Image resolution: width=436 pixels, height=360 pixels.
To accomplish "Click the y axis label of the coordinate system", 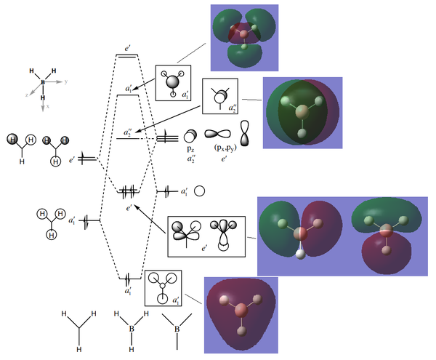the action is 66,81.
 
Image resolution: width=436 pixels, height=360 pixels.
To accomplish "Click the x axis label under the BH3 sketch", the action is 47,106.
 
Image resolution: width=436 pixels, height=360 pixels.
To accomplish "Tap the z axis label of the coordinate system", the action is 27,95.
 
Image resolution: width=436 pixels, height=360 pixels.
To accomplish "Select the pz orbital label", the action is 190,149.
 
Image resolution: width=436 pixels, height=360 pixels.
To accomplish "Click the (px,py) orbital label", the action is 225,148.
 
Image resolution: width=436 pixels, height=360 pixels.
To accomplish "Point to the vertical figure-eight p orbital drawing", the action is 245,133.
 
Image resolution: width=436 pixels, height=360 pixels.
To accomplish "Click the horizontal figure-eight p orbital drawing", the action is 217,134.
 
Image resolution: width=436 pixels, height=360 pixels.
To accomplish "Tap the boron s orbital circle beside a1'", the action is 199,191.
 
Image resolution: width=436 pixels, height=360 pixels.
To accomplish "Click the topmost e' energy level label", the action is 128,49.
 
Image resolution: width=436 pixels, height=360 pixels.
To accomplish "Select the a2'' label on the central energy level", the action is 128,132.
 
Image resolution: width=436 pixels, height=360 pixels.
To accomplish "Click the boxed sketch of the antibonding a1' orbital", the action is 173,83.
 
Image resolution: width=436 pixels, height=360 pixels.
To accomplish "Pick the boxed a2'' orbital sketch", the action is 220,96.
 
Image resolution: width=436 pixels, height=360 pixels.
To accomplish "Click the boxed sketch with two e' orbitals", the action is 206,236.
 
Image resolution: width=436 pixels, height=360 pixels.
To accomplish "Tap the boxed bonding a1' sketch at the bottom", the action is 163,288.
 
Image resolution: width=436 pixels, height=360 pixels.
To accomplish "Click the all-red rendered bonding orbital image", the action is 241,315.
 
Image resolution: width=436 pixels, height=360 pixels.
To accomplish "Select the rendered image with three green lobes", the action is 244,38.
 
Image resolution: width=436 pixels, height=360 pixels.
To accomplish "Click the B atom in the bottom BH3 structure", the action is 132,329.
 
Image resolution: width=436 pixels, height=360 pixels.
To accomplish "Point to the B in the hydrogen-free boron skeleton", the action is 177,329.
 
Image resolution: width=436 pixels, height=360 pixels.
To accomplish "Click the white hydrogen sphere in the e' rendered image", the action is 301,254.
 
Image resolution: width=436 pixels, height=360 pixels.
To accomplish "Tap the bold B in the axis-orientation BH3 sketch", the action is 43,82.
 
